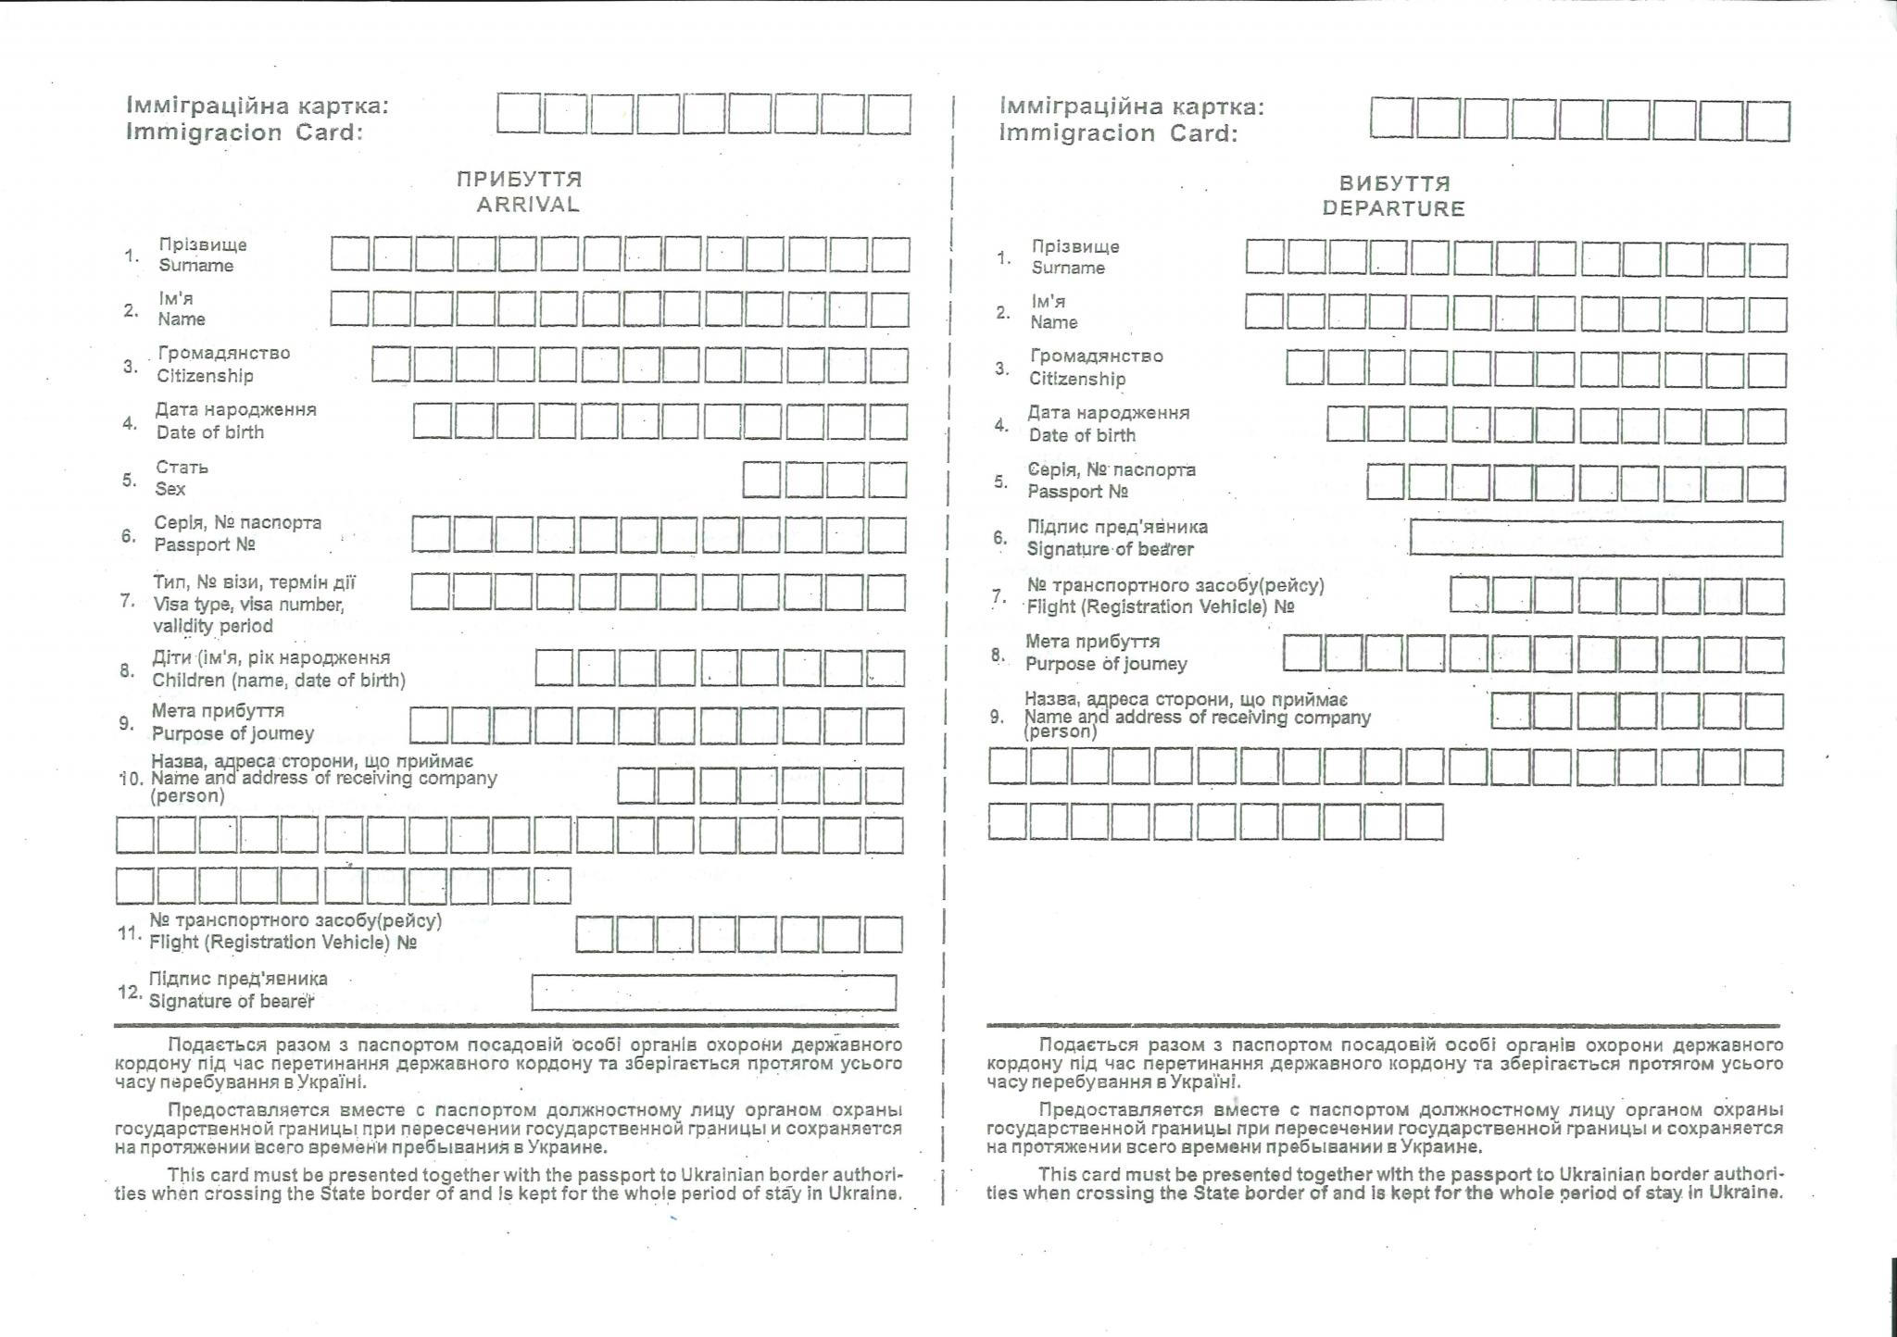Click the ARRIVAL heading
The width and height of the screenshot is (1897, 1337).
528,205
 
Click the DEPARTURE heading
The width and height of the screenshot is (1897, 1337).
1393,208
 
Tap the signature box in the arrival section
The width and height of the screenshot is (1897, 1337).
713,992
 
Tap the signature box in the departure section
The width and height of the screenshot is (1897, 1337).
1595,538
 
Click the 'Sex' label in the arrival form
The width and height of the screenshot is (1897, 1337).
170,489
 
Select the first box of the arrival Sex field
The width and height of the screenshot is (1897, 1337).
761,481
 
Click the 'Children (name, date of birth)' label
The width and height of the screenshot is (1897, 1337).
279,681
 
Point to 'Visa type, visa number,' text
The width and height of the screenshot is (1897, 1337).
248,605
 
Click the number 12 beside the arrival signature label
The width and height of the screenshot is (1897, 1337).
129,992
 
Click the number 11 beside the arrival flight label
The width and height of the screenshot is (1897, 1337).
129,932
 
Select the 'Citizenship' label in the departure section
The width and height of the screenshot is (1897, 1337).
1077,379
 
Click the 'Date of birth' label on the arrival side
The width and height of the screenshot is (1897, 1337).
210,432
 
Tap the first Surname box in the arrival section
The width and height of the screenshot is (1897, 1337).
350,255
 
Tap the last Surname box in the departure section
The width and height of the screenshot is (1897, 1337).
1768,259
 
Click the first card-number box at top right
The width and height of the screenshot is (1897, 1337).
1392,119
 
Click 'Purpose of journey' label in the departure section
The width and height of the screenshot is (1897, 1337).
1106,664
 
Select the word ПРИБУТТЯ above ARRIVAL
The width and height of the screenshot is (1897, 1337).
519,179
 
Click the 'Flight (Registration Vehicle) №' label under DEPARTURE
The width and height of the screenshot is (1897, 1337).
1160,607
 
